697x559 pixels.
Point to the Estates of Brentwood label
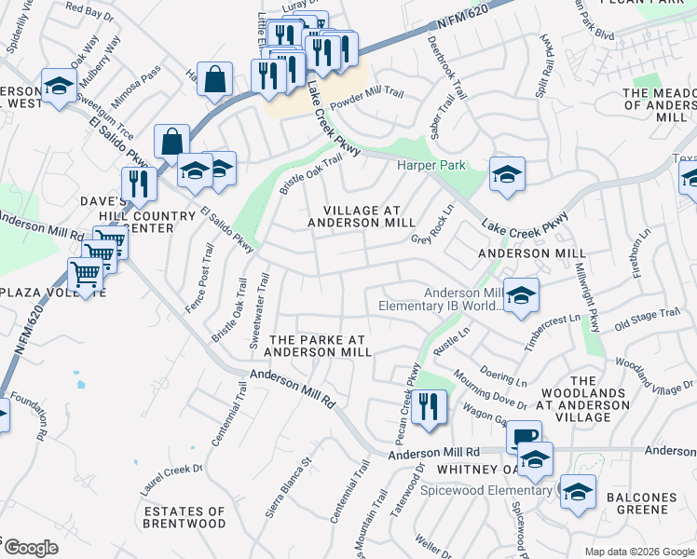point(184,517)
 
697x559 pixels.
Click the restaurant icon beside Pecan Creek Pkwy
point(429,407)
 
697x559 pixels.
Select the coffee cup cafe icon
point(525,436)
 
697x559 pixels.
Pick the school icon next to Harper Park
point(507,174)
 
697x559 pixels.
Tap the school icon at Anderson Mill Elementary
point(522,296)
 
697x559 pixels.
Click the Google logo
point(31,548)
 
